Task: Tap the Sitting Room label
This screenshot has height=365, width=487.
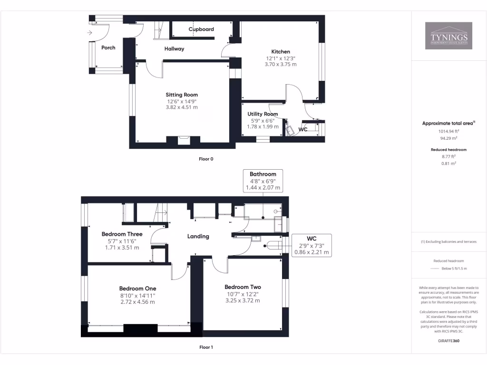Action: click(182, 95)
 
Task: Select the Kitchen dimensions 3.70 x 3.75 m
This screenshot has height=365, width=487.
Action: click(281, 64)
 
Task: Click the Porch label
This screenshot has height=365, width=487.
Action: click(108, 48)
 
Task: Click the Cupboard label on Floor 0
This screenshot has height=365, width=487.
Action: click(201, 29)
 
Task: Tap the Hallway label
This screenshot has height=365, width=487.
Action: click(174, 49)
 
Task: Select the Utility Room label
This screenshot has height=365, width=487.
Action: click(263, 114)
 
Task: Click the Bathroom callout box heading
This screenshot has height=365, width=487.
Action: click(263, 174)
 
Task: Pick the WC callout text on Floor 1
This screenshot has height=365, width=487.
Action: click(312, 239)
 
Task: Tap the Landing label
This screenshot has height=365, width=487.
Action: click(198, 236)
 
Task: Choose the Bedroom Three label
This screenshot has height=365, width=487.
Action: click(122, 234)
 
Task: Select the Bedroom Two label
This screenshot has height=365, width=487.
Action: click(243, 287)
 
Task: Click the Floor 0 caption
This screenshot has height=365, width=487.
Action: click(206, 159)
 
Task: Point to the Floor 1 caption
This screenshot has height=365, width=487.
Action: click(206, 347)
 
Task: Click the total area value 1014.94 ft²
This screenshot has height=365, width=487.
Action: click(449, 131)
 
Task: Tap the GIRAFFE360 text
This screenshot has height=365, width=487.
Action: click(449, 341)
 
